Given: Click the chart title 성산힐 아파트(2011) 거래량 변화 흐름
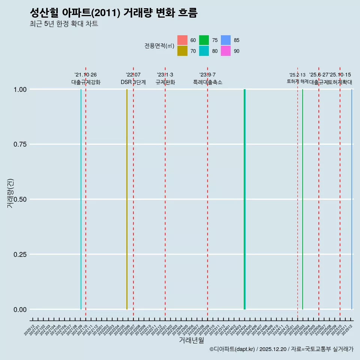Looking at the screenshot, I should (113, 13).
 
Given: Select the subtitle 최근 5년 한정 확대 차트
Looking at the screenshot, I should (64, 24).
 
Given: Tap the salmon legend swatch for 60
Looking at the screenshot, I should (182, 40).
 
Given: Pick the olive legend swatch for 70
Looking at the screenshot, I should (182, 51).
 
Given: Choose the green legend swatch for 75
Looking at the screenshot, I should (204, 40).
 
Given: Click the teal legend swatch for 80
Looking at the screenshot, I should (204, 51).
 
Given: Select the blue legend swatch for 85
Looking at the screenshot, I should (226, 40).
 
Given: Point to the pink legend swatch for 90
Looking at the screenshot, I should (226, 51).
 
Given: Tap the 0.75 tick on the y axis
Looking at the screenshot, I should (19, 144).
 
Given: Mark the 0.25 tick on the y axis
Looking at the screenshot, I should (19, 255).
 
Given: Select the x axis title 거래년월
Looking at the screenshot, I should (191, 340).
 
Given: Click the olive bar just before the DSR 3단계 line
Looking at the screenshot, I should (127, 199).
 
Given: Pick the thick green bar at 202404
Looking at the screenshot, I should (244, 199).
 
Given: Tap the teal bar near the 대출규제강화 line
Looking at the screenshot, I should (81, 199).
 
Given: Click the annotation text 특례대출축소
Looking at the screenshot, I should (207, 82).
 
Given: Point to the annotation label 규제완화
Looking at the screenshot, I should (165, 82).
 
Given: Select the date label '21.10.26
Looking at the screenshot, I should (85, 75).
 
